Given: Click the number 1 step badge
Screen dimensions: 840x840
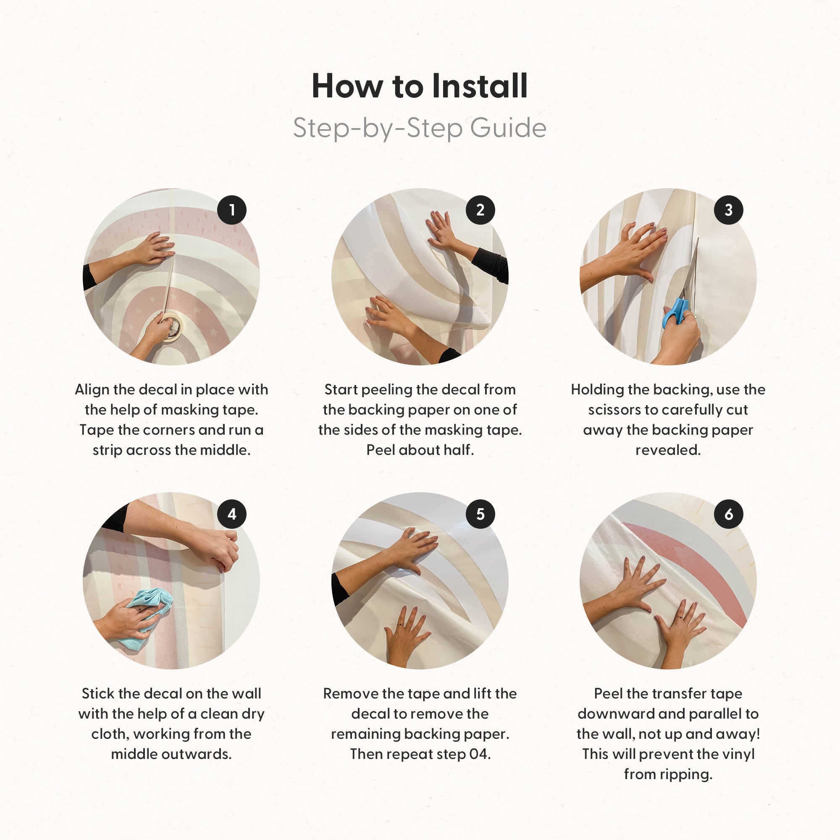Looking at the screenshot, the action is click(x=232, y=210).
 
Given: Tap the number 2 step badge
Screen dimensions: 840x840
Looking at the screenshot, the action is click(x=480, y=210).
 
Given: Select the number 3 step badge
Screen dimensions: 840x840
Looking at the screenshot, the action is click(x=728, y=210).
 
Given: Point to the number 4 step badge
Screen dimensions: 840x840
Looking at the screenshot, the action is click(x=232, y=514).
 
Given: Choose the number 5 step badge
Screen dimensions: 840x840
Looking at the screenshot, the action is click(x=480, y=514).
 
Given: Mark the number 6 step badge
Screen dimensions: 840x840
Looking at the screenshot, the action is click(x=728, y=514).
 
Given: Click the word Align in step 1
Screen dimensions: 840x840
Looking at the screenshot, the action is click(x=92, y=390).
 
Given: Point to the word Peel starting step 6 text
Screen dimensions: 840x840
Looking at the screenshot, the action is click(x=609, y=694).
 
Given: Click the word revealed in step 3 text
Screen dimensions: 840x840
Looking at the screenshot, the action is click(x=668, y=450).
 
